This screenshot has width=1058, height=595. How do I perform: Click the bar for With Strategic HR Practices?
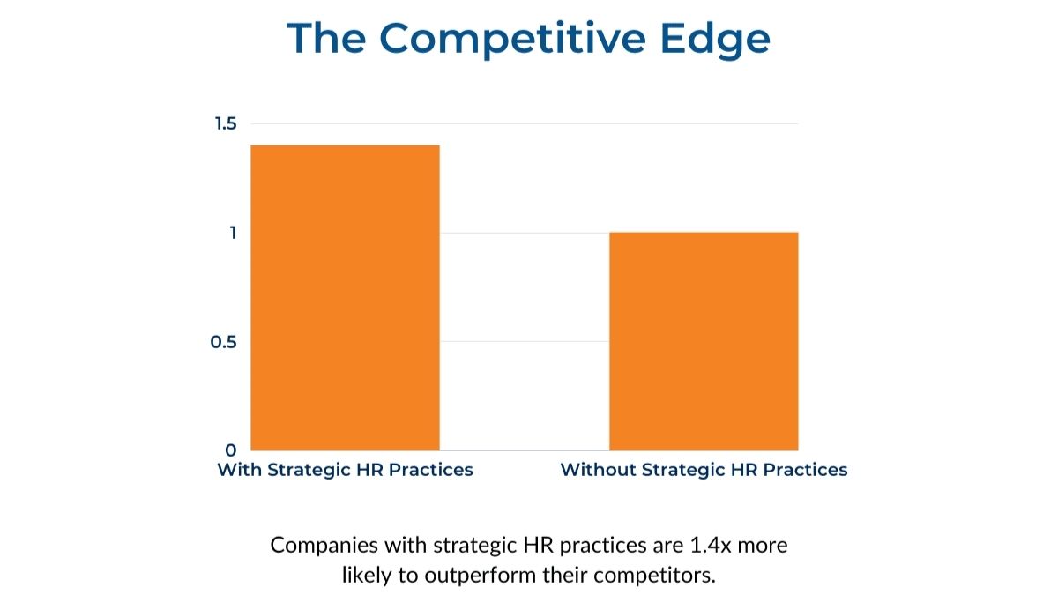point(345,298)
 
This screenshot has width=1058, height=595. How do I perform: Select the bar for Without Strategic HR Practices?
point(704,341)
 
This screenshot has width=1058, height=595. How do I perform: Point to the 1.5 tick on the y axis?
point(226,123)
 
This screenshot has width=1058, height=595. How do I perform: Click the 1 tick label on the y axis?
point(233,233)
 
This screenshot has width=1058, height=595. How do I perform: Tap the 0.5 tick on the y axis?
point(223,342)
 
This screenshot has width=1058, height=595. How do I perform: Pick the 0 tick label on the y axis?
point(230,450)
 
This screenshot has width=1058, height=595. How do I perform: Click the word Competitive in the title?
point(512,40)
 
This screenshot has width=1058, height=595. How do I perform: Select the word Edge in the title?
point(716,40)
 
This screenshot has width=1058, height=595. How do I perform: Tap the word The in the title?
point(326,38)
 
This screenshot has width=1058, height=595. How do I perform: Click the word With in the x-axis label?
point(240,470)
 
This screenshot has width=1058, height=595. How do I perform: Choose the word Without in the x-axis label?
point(598,470)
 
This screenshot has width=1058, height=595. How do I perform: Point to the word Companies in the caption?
point(324,547)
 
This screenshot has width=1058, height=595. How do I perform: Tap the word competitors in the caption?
point(654,576)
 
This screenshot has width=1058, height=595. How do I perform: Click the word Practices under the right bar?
point(805,470)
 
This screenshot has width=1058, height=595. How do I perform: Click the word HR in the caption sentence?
point(538,546)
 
